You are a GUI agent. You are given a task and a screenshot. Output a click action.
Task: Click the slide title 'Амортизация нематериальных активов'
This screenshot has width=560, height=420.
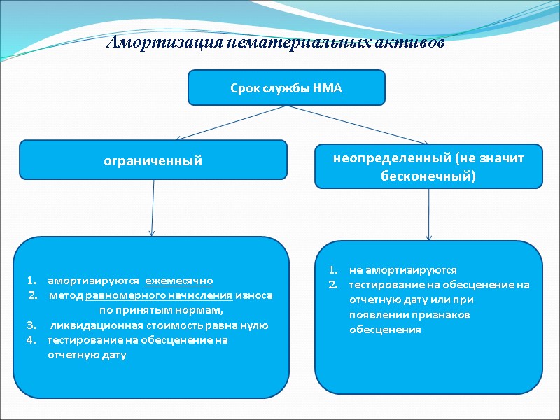275,43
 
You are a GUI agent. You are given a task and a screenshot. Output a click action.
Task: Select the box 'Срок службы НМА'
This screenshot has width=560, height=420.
286,87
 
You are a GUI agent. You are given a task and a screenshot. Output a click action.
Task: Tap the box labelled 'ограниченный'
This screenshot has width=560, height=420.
153,160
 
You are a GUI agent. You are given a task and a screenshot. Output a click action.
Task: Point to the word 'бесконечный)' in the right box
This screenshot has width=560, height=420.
428,176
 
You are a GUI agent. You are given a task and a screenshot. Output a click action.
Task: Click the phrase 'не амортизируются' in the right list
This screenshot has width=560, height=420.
402,269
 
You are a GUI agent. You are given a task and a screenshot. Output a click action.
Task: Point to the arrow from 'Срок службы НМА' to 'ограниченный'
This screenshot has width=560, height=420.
231,122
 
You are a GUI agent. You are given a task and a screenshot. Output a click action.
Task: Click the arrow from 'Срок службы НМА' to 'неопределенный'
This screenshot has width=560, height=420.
357,124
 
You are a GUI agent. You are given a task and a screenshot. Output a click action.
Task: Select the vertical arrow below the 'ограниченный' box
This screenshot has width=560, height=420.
153,207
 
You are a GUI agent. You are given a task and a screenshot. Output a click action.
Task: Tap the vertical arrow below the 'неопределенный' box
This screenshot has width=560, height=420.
429,214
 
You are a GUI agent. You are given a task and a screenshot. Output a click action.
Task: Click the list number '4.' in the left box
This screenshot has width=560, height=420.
31,340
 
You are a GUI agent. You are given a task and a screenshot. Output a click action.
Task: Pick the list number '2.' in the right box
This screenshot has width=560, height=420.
333,285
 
